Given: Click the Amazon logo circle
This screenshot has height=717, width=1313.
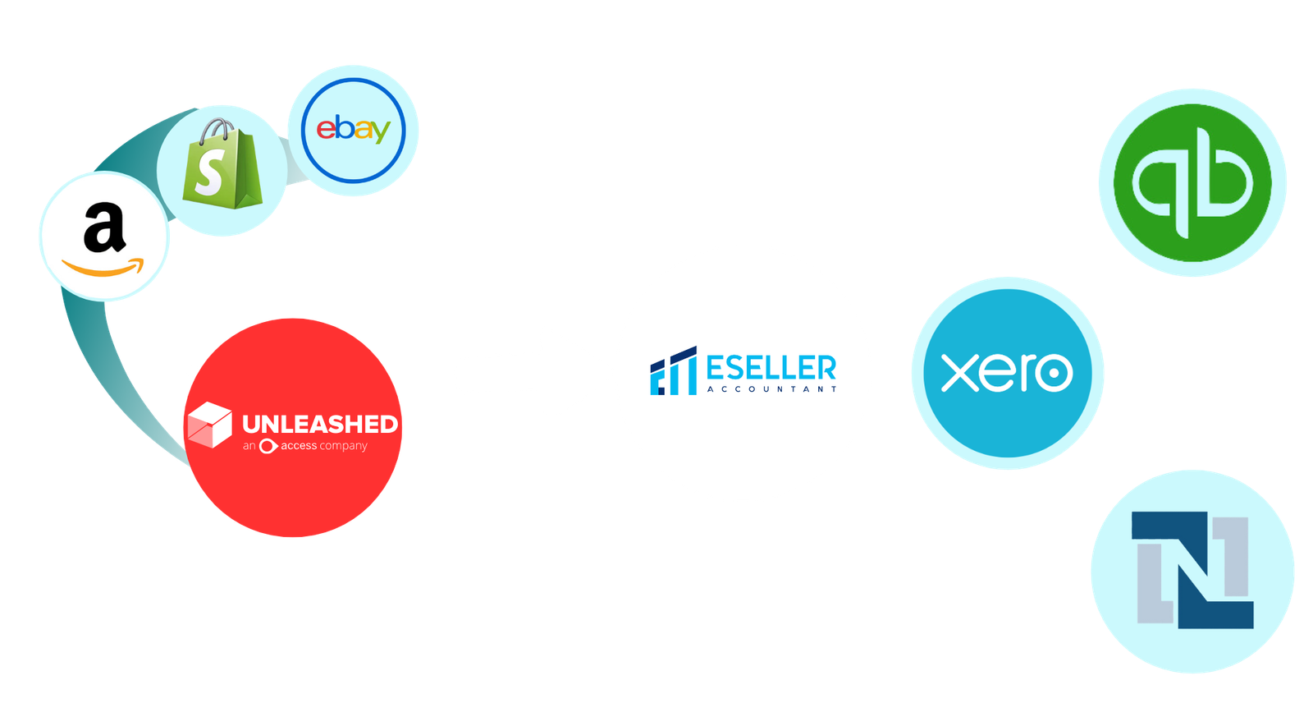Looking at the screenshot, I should click(x=104, y=237).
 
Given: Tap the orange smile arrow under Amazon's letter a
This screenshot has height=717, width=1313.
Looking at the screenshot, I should click(x=103, y=268).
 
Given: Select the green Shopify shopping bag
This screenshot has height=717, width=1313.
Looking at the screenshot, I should click(x=222, y=168).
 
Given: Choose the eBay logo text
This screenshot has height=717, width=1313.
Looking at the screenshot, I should click(x=353, y=130).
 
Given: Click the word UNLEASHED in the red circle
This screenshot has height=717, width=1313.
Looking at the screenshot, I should click(x=320, y=424).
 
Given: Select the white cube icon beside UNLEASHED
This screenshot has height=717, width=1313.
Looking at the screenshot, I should click(x=209, y=425).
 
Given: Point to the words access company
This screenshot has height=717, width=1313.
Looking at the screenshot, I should click(x=323, y=446).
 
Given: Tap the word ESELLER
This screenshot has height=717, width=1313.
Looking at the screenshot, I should click(x=771, y=367).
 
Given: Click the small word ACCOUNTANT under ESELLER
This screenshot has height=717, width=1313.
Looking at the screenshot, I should click(x=771, y=389).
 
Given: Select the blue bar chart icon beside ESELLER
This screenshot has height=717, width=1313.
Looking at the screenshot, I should click(x=673, y=371).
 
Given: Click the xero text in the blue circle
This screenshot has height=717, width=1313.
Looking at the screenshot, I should click(x=1007, y=373).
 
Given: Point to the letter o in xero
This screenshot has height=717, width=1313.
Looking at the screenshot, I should click(x=1053, y=374).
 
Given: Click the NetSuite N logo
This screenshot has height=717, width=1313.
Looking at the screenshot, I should click(x=1192, y=570).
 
